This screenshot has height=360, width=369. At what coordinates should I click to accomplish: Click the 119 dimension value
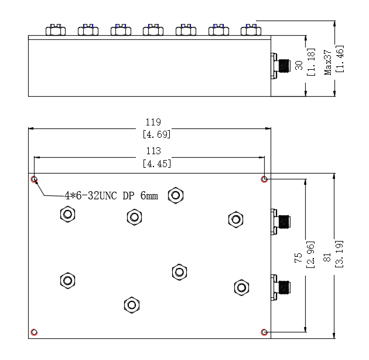(153, 122)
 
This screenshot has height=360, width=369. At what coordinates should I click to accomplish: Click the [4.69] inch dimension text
(157, 134)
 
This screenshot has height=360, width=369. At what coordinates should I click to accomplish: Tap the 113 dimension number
(153, 151)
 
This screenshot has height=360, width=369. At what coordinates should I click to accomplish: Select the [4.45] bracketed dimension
(157, 164)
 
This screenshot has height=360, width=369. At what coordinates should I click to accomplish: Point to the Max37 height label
(328, 62)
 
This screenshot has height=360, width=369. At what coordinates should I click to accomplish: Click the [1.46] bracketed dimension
(340, 59)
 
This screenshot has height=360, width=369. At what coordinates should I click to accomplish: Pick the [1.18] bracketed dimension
(311, 62)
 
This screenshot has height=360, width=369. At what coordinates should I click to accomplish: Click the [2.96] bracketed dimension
(310, 254)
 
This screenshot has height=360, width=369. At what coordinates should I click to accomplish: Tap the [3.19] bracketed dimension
(339, 254)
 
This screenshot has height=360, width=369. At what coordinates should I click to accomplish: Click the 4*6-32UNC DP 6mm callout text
(111, 196)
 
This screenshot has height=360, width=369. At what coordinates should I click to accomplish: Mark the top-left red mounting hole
(35, 179)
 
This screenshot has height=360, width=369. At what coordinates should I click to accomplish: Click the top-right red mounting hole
(264, 179)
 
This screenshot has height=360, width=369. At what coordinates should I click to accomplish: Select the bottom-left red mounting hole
(34, 332)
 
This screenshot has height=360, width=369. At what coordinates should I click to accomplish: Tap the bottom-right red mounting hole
(264, 332)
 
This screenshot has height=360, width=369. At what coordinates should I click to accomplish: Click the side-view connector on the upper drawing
(281, 66)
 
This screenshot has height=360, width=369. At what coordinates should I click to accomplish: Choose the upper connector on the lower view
(281, 222)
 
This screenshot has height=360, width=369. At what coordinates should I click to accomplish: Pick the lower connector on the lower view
(281, 287)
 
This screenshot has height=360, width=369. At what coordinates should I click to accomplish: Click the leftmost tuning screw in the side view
(56, 30)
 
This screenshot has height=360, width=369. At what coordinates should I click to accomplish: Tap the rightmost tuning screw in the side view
(251, 30)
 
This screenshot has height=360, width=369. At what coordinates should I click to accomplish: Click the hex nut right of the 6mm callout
(176, 195)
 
